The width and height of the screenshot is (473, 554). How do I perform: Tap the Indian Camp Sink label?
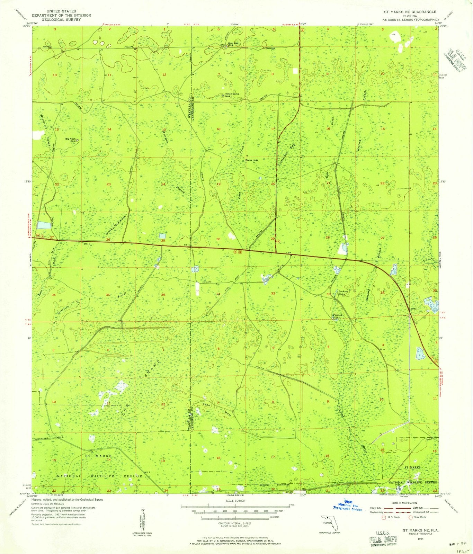pyautogui.click(x=232, y=95)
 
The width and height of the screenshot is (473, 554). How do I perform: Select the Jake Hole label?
pyautogui.click(x=252, y=160)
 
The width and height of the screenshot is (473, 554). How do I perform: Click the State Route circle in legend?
pyautogui.click(x=411, y=518)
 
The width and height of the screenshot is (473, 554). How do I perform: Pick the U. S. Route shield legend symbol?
pyautogui.click(x=383, y=518)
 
